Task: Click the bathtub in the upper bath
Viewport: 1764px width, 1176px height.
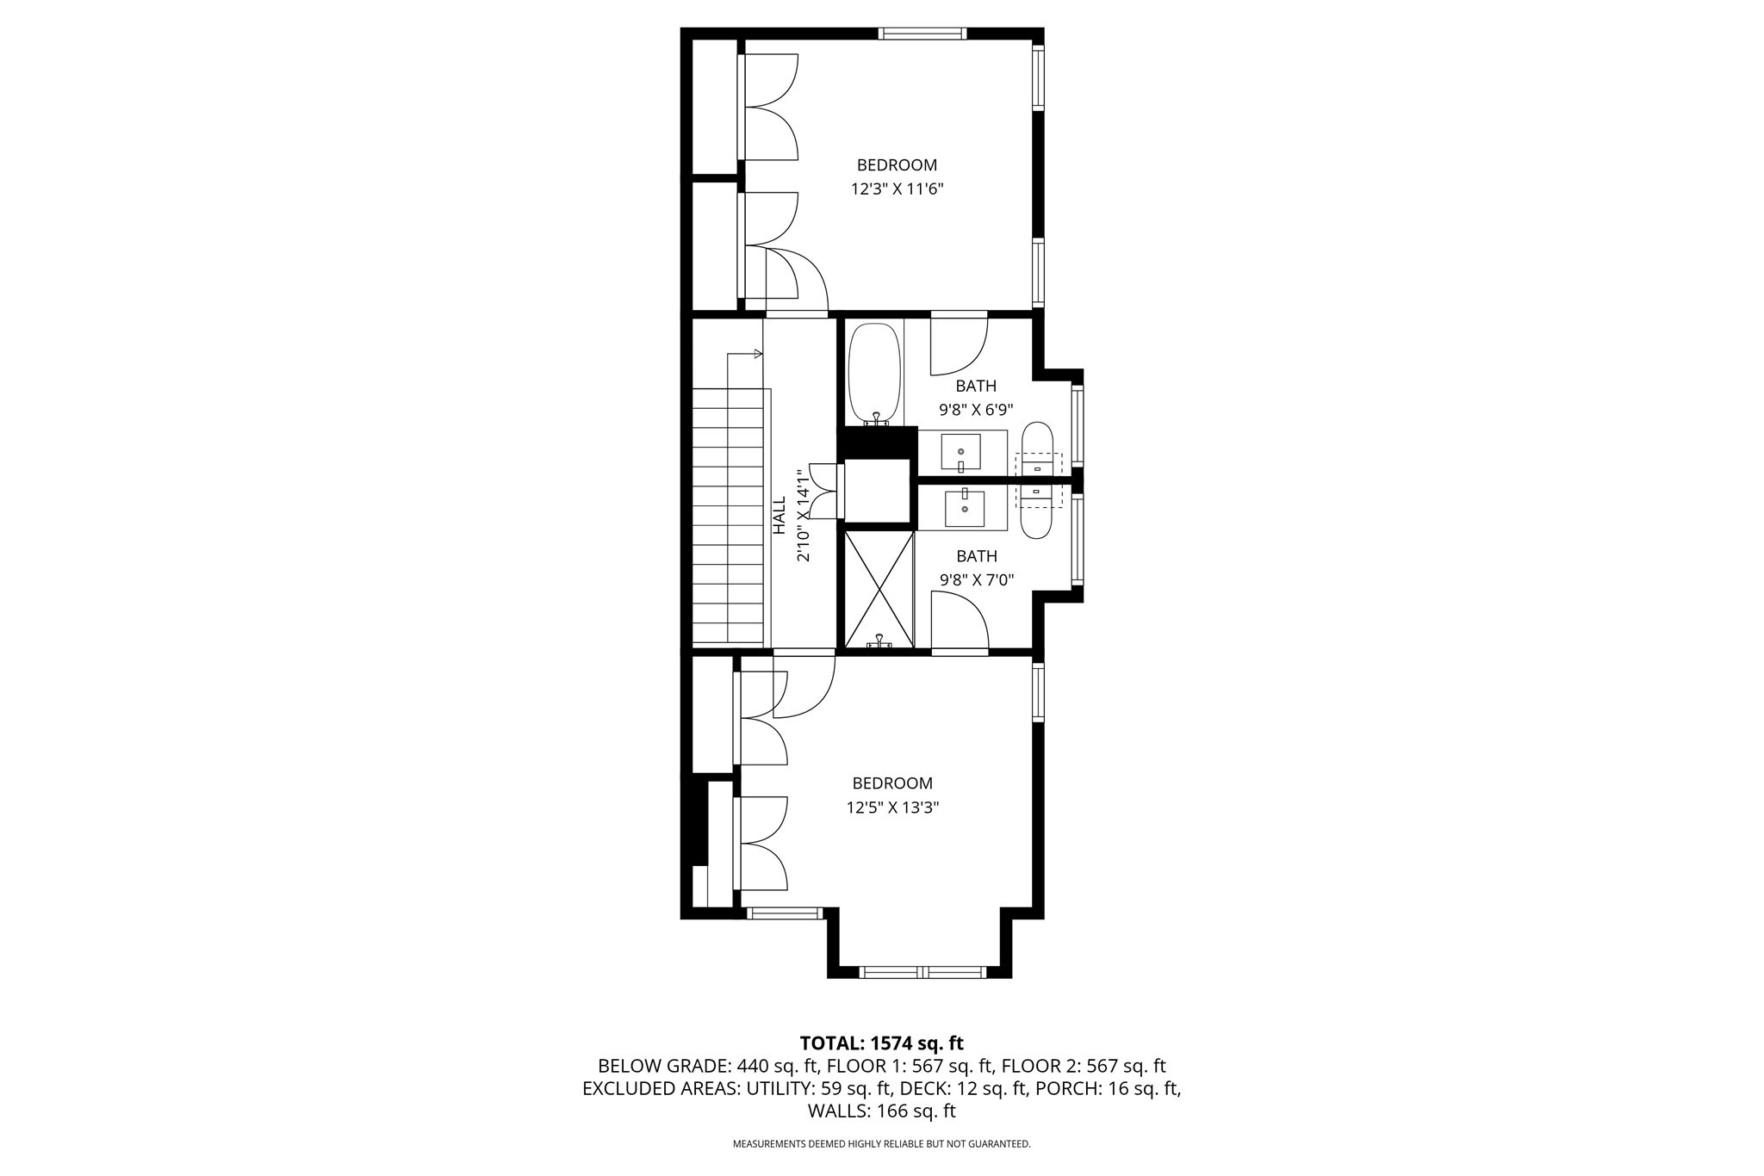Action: point(875,374)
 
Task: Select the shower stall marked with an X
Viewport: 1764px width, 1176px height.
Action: point(879,589)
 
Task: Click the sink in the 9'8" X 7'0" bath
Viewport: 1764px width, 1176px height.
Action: point(965,508)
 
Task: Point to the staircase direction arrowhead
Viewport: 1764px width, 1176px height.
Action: point(758,354)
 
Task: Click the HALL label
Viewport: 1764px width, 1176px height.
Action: point(780,515)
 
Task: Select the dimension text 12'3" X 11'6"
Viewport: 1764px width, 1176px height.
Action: point(897,189)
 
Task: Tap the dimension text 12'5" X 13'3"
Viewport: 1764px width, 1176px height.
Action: point(892,808)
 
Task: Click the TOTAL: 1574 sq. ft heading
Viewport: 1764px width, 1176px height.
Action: point(881,1043)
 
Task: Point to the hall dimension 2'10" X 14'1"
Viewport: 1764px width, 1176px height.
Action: point(804,515)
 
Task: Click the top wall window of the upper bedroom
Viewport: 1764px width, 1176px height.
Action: point(922,34)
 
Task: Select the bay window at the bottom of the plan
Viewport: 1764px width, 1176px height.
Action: point(922,972)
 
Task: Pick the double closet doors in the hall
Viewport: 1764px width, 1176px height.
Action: point(824,491)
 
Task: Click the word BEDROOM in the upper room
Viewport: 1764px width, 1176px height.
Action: point(897,165)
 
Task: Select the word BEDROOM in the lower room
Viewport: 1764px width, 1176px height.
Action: point(892,783)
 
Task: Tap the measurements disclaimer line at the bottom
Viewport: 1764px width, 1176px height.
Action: point(881,1144)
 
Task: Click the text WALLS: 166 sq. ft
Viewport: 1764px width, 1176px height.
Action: point(881,1111)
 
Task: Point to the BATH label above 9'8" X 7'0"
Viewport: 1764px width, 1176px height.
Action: point(976,556)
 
